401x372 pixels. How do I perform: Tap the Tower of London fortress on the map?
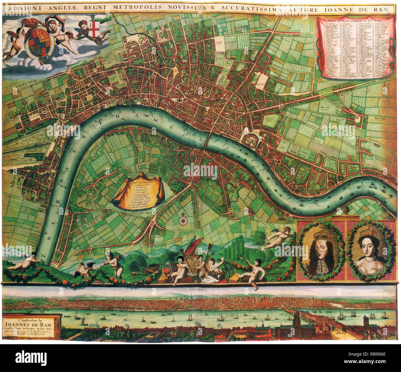point(250,140)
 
